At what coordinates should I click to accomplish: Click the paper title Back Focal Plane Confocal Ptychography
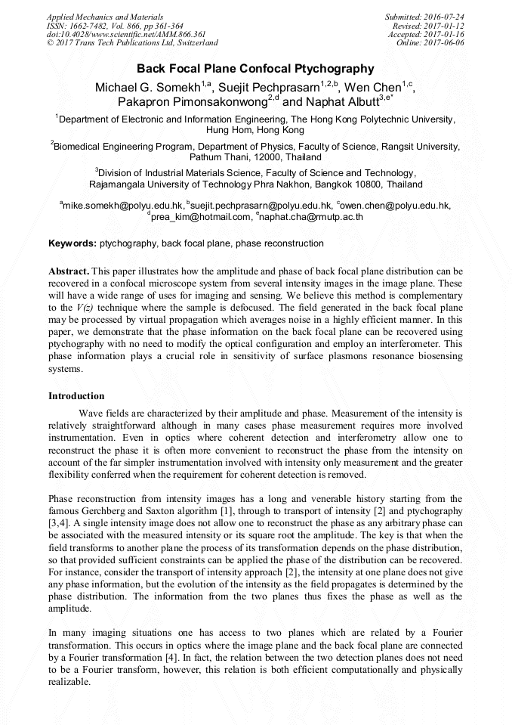255,69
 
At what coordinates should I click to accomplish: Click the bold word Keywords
72,243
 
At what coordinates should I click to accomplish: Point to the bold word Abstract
69,271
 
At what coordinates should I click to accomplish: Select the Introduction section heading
76,396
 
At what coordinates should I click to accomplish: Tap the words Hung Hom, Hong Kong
255,131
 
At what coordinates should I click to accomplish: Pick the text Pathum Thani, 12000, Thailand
255,158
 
